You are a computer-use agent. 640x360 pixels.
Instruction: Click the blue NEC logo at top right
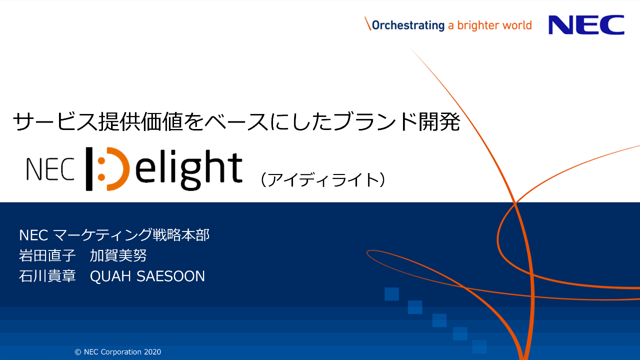pyautogui.click(x=586, y=25)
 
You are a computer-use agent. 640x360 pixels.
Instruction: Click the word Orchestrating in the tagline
pyautogui.click(x=408, y=25)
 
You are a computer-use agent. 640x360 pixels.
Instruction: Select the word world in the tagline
pyautogui.click(x=517, y=25)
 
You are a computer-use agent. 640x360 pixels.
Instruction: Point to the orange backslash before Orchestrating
pyautogui.click(x=367, y=23)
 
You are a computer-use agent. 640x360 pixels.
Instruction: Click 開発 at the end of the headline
pyautogui.click(x=439, y=121)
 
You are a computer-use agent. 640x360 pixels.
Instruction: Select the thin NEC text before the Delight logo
pyautogui.click(x=50, y=169)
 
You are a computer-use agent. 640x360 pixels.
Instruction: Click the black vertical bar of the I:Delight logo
pyautogui.click(x=89, y=169)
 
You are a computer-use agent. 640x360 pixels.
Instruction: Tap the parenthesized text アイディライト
pyautogui.click(x=323, y=179)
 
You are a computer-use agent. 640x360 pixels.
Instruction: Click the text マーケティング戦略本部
pyautogui.click(x=131, y=235)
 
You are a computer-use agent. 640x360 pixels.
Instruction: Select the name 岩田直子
pyautogui.click(x=47, y=255)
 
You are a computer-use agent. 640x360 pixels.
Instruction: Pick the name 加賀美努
pyautogui.click(x=118, y=255)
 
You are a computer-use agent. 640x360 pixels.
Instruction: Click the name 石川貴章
pyautogui.click(x=47, y=276)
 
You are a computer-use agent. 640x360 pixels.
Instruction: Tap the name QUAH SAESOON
pyautogui.click(x=147, y=276)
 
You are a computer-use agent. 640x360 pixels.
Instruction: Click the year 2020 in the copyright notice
pyautogui.click(x=152, y=352)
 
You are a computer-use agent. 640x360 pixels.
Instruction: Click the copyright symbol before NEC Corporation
pyautogui.click(x=78, y=352)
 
